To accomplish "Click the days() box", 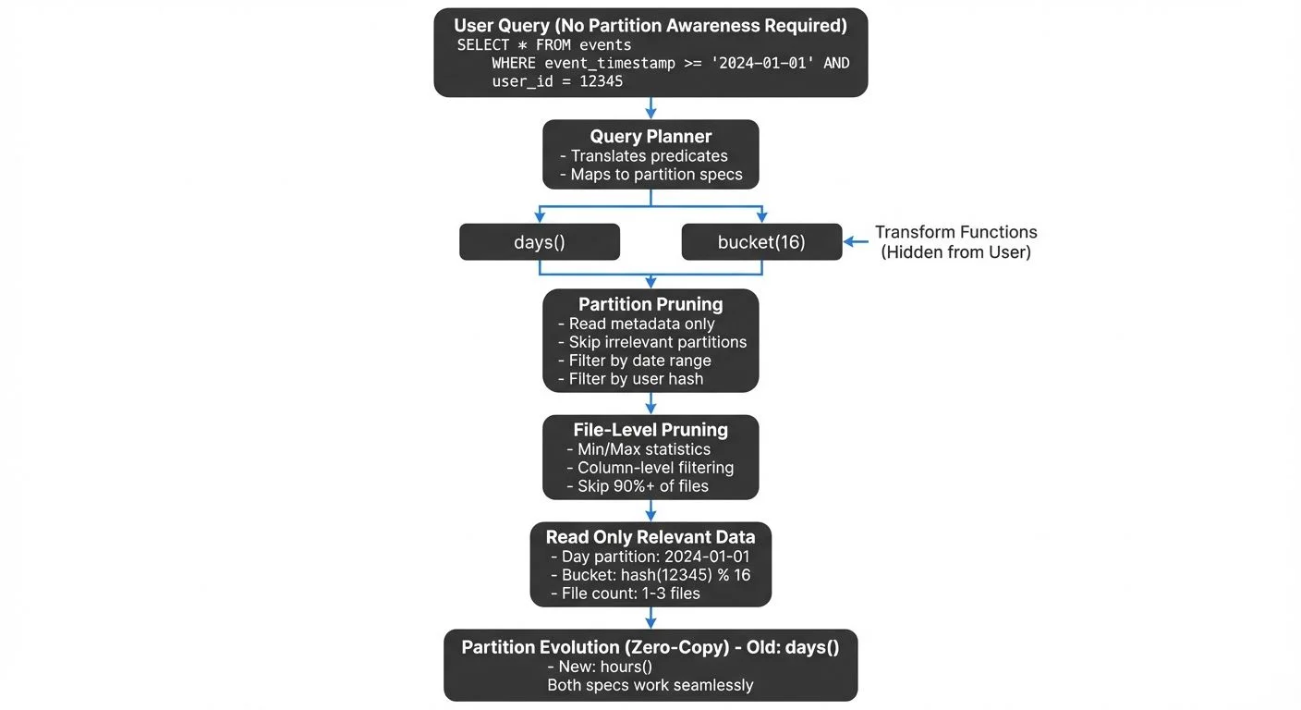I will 540,242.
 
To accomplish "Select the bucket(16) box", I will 761,242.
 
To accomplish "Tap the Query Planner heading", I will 650,136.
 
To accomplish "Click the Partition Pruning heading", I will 650,304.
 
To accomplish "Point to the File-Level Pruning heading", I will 650,430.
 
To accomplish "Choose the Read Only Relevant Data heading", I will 650,537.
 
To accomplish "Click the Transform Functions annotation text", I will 955,241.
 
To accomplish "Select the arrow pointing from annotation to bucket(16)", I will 858,242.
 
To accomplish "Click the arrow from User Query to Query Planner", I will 650,107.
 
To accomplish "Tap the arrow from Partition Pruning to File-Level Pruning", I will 650,403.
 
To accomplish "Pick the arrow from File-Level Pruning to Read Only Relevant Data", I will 650,510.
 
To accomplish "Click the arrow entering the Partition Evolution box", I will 650,618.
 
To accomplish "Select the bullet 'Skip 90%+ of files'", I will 643,486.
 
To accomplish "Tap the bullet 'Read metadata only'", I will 641,324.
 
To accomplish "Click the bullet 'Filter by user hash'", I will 636,379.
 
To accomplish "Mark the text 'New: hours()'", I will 599,667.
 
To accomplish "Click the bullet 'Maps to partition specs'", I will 656,175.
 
